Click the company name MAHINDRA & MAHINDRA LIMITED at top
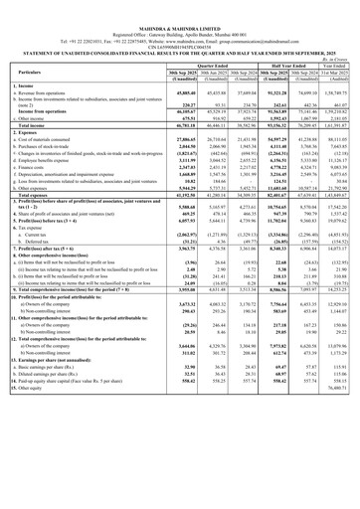click(180, 5)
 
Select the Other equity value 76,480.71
click(334, 501)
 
